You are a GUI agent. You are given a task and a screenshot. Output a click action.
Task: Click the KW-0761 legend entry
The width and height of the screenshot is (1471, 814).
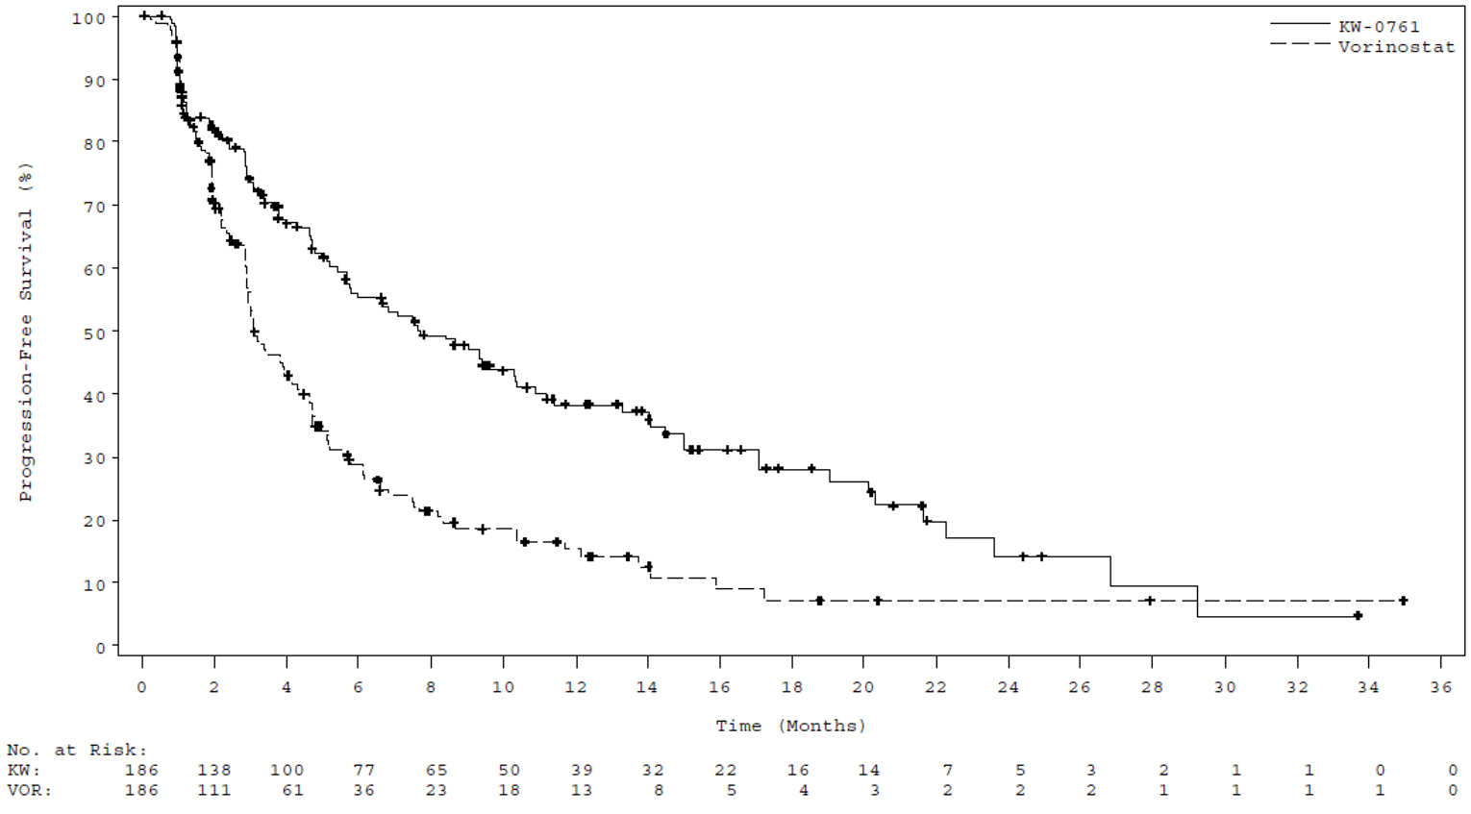pyautogui.click(x=1378, y=26)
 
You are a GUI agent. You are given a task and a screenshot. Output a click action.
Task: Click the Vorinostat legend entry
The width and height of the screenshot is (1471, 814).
pyautogui.click(x=1396, y=46)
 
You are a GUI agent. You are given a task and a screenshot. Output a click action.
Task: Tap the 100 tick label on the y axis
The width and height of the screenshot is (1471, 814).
pyautogui.click(x=88, y=18)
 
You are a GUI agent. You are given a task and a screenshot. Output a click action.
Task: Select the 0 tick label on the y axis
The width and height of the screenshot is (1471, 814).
pyautogui.click(x=100, y=648)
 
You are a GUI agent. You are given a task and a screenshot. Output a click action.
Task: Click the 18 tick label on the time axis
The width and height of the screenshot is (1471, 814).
pyautogui.click(x=791, y=687)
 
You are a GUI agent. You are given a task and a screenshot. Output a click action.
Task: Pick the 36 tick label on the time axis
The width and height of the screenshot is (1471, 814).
pyautogui.click(x=1440, y=687)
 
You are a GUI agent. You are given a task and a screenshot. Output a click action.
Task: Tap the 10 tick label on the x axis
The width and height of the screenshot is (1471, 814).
pyautogui.click(x=503, y=687)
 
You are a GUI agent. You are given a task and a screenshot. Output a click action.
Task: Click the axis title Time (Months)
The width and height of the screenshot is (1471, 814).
pyautogui.click(x=790, y=726)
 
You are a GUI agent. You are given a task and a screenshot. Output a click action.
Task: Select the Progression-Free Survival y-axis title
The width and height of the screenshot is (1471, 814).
pyautogui.click(x=26, y=332)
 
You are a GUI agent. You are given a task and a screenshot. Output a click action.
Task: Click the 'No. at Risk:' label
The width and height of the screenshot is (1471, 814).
pyautogui.click(x=77, y=750)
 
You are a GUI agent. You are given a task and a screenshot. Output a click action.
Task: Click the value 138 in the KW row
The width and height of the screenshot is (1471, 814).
pyautogui.click(x=213, y=770)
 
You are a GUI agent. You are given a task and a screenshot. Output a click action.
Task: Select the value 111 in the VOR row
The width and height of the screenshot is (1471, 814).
pyautogui.click(x=213, y=790)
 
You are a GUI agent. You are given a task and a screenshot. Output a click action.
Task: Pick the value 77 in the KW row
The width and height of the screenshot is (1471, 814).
pyautogui.click(x=363, y=770)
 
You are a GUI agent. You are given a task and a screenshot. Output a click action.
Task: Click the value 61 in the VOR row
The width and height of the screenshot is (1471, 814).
pyautogui.click(x=292, y=790)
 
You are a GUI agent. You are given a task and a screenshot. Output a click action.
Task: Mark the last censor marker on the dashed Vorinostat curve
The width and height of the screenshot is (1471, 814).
pyautogui.click(x=1403, y=601)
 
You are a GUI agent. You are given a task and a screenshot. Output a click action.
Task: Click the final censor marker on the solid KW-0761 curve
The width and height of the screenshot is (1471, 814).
pyautogui.click(x=1358, y=616)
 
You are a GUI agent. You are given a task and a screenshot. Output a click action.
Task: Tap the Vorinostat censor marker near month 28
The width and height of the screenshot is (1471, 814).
pyautogui.click(x=1150, y=601)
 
